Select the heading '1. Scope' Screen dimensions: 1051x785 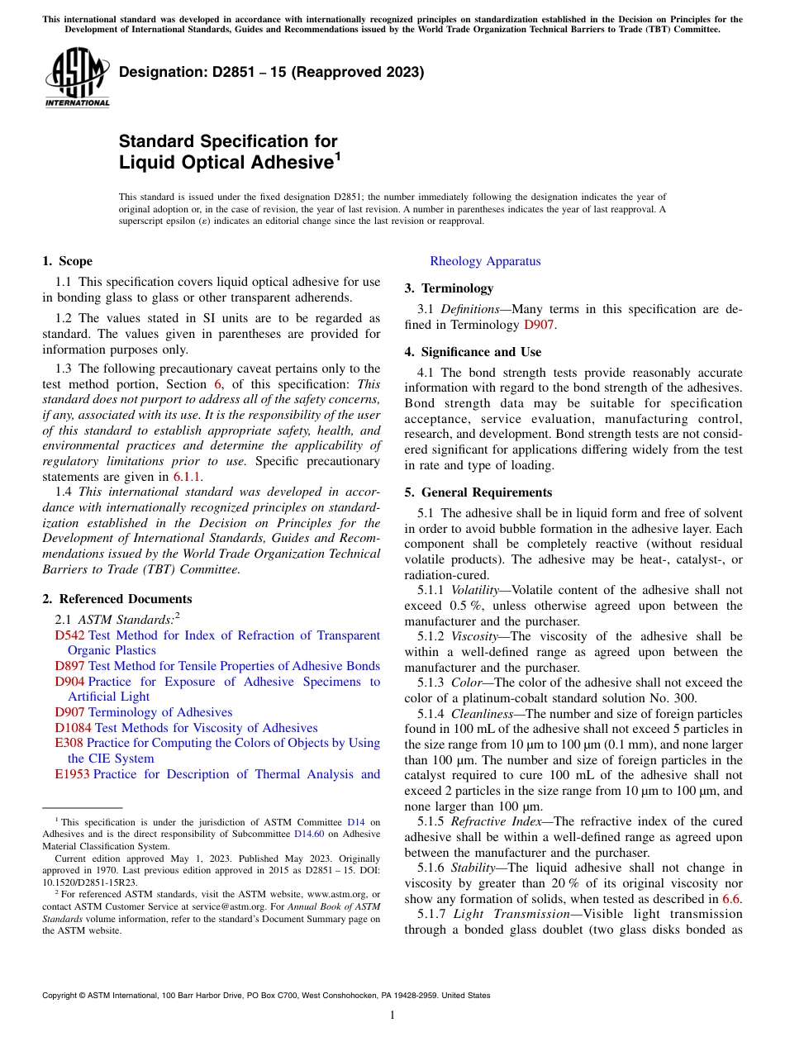[67, 261]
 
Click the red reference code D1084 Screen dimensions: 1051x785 [74, 728]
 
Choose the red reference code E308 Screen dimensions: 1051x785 [69, 743]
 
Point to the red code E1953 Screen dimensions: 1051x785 [72, 774]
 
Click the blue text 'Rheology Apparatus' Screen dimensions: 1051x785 [485, 261]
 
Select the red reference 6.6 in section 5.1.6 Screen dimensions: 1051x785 [732, 899]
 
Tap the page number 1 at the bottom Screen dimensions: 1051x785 [392, 1015]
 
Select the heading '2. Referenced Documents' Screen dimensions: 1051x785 [117, 599]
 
